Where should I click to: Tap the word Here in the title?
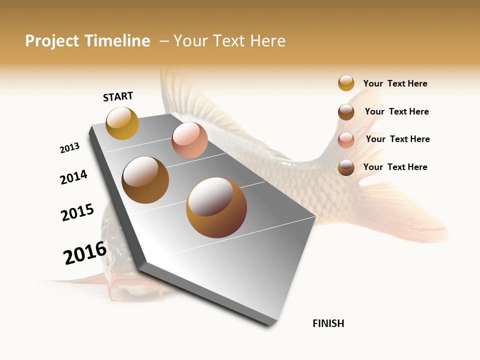[x=267, y=41]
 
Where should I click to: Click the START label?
[x=118, y=96]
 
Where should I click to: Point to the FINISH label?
[x=328, y=323]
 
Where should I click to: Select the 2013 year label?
[x=69, y=148]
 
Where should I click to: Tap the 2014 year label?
[x=74, y=177]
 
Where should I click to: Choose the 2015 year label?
[x=77, y=212]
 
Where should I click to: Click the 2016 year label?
[x=85, y=253]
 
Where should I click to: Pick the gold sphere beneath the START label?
[x=122, y=123]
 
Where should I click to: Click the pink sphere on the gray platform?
[x=189, y=140]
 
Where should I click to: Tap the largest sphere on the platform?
[x=216, y=207]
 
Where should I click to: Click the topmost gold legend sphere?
[x=346, y=83]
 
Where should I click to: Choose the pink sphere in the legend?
[x=346, y=140]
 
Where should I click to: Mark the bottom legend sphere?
[x=346, y=167]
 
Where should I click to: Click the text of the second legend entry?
[x=396, y=111]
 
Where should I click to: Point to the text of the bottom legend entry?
[x=395, y=167]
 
